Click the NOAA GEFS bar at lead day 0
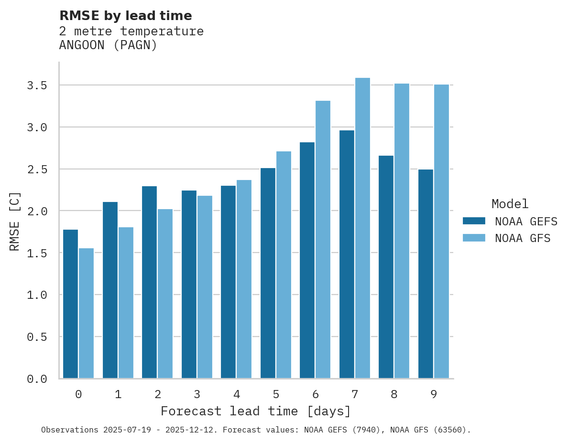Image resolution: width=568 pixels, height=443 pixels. coord(70,304)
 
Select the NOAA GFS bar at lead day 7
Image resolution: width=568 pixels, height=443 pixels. coord(362,228)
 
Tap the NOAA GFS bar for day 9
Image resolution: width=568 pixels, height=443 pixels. coord(441,232)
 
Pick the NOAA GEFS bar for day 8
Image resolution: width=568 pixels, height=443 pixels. coord(386,267)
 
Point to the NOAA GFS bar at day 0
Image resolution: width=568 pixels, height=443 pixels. coord(86,313)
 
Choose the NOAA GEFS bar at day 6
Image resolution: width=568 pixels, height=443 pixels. coord(307,260)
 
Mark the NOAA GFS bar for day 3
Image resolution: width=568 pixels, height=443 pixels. coord(205,287)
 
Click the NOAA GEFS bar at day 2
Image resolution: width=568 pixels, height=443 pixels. coord(149,282)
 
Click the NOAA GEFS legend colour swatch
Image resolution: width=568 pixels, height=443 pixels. coord(474,221)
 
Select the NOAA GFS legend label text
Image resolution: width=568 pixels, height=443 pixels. coord(523,238)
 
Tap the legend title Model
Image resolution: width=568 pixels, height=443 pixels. coord(510,204)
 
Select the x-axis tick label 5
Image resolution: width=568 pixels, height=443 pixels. coord(276,394)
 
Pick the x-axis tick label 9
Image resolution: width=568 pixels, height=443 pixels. coord(434,394)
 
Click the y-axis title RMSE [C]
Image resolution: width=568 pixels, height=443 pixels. coord(15,221)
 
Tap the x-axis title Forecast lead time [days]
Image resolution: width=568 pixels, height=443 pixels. coord(256,411)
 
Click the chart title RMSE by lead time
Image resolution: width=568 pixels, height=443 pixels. coord(125,16)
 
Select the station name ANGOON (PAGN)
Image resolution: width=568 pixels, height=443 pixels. coord(108,45)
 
